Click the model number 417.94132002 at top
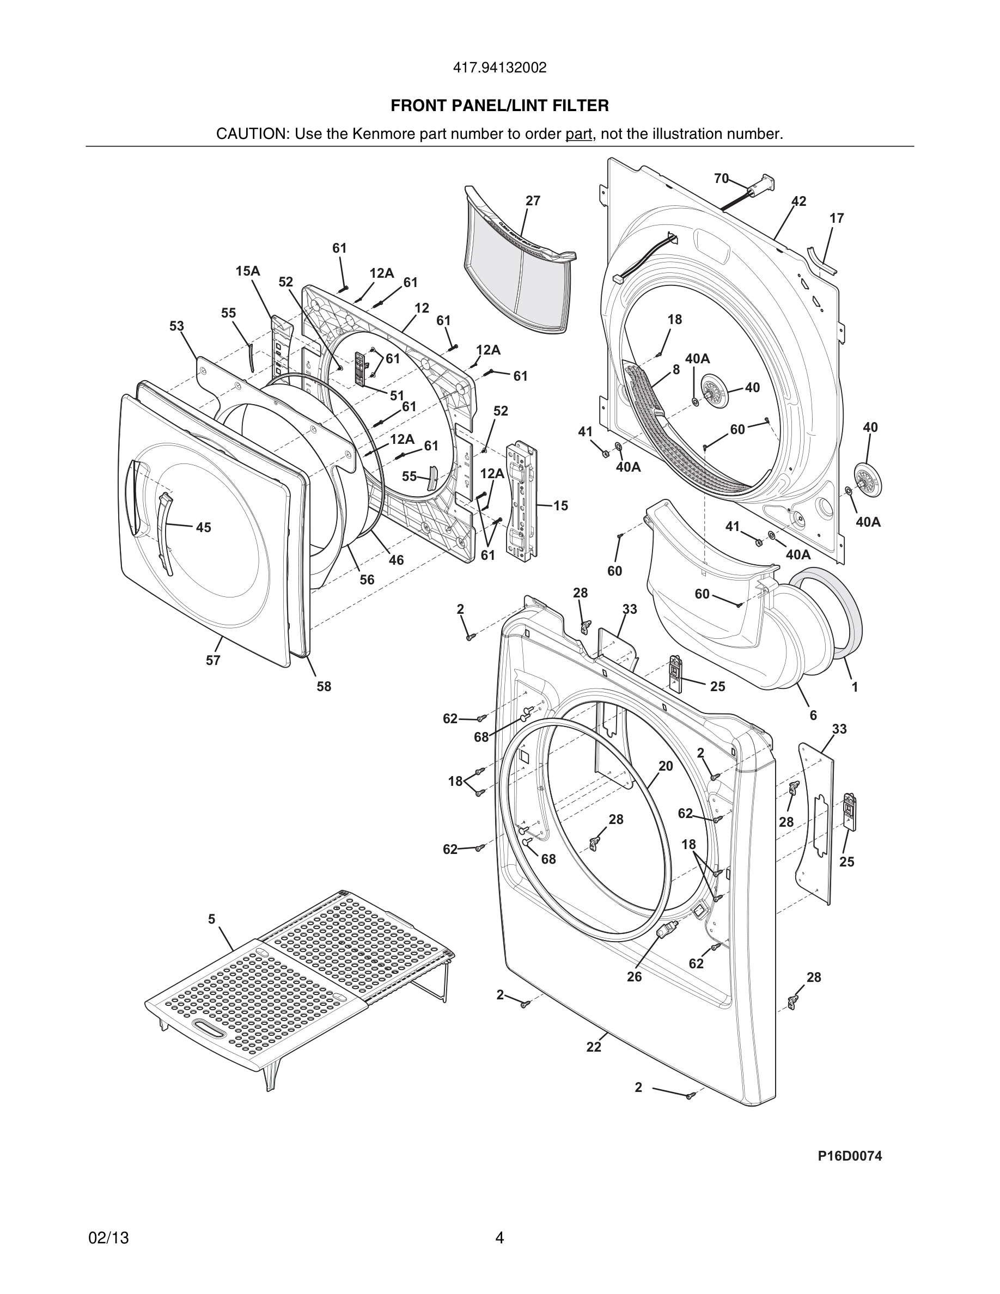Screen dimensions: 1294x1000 click(499, 68)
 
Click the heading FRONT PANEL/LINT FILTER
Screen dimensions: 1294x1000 click(499, 106)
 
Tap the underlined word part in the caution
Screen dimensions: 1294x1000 click(578, 134)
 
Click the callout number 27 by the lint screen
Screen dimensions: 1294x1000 click(533, 201)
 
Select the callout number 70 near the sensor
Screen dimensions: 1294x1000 click(721, 178)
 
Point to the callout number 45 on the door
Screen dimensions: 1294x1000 click(203, 527)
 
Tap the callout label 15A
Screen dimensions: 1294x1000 click(248, 271)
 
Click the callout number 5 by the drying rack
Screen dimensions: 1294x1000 click(211, 919)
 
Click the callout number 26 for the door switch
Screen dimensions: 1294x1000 click(634, 976)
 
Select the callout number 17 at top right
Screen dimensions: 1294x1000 click(837, 218)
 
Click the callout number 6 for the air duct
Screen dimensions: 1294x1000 click(813, 715)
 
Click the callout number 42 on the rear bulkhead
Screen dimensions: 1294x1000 click(798, 202)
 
